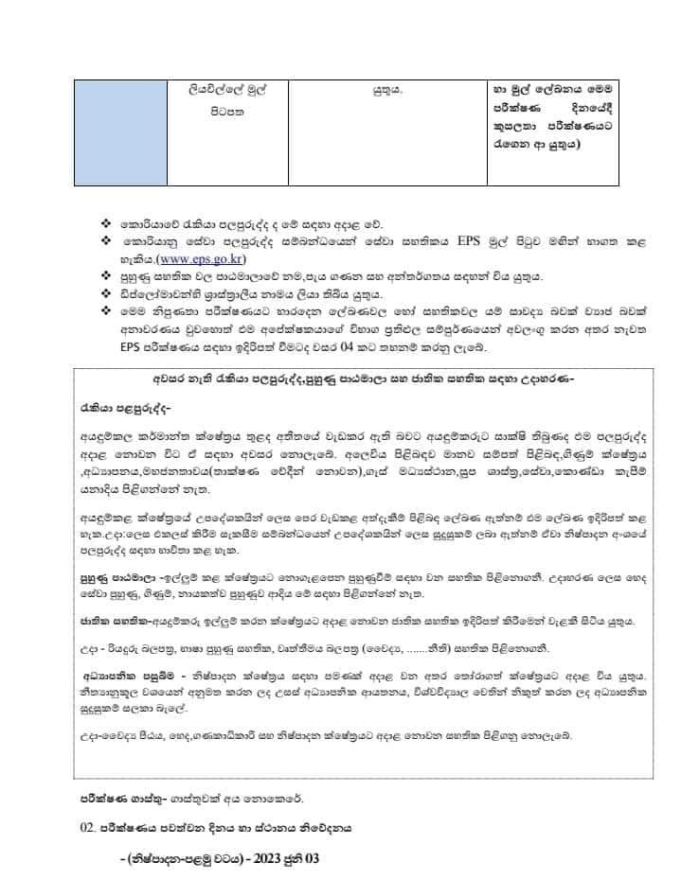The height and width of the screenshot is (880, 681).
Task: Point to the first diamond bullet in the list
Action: (x=105, y=226)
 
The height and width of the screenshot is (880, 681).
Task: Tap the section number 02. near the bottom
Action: (x=88, y=827)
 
